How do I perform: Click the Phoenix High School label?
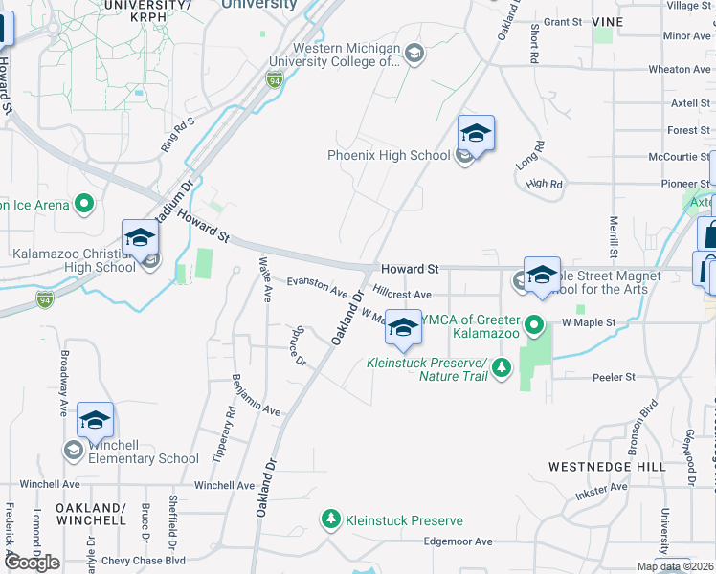click(388, 156)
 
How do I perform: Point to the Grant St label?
click(562, 22)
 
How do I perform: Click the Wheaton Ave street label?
click(681, 70)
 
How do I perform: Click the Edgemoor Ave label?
click(459, 541)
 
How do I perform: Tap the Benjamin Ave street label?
click(254, 395)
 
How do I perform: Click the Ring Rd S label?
click(177, 134)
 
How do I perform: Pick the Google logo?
click(32, 563)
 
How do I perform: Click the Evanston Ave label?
click(317, 286)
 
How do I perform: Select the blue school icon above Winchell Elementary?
click(96, 420)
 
